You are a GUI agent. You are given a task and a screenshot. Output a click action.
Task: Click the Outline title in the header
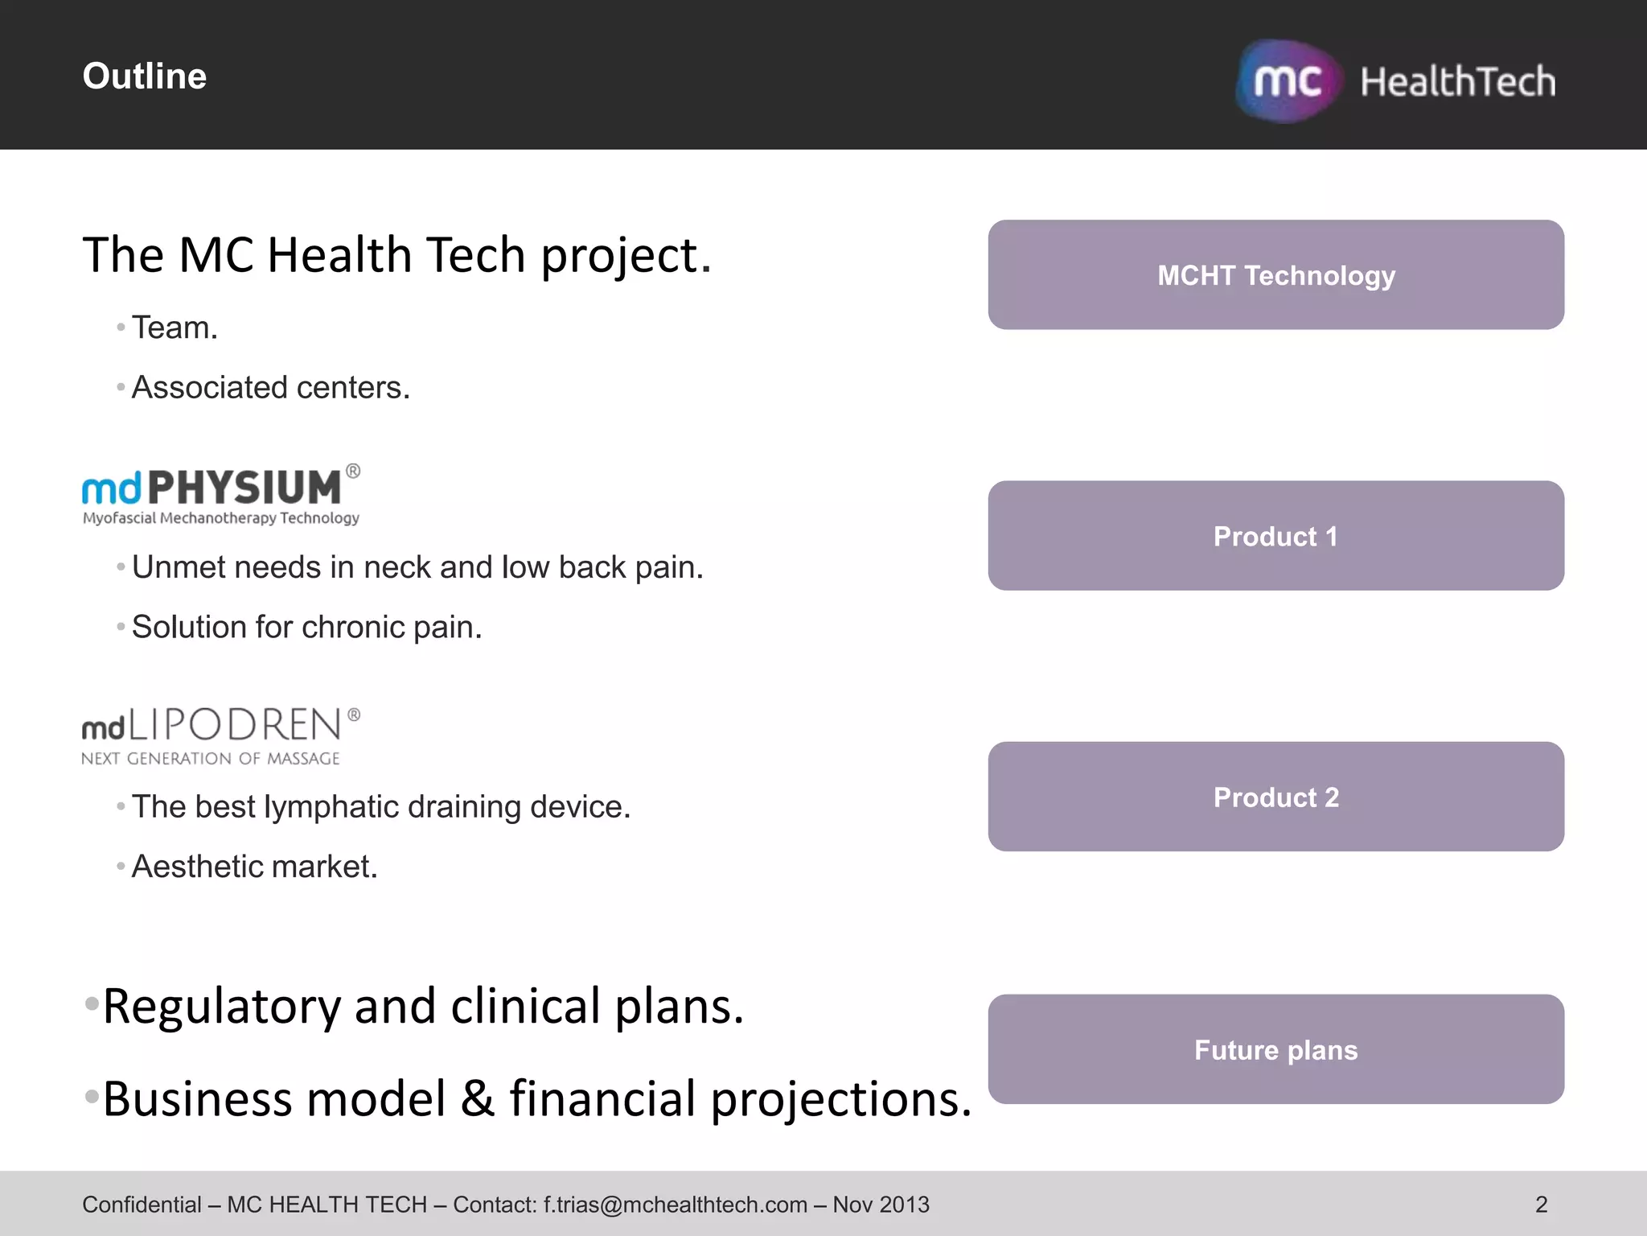[x=145, y=76]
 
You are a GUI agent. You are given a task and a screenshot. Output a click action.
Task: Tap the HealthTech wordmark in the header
[x=1457, y=81]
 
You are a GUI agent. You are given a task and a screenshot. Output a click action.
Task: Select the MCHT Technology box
[x=1275, y=275]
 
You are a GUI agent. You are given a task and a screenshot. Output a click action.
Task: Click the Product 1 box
[x=1275, y=536]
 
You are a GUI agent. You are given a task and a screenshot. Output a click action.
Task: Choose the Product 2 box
[x=1275, y=797]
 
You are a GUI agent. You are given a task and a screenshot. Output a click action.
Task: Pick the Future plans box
[x=1275, y=1049]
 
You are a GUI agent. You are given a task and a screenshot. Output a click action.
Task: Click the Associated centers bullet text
[x=270, y=388]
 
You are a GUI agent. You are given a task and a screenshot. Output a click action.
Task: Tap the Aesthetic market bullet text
[x=254, y=867]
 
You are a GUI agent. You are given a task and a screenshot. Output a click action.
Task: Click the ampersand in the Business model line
[x=477, y=1099]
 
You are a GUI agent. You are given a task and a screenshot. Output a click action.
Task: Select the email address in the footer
[x=675, y=1205]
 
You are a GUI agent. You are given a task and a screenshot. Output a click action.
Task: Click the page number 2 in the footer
[x=1541, y=1205]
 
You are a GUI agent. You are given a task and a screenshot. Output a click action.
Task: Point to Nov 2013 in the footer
[x=881, y=1205]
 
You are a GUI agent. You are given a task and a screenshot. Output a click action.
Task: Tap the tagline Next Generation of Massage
[x=211, y=759]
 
